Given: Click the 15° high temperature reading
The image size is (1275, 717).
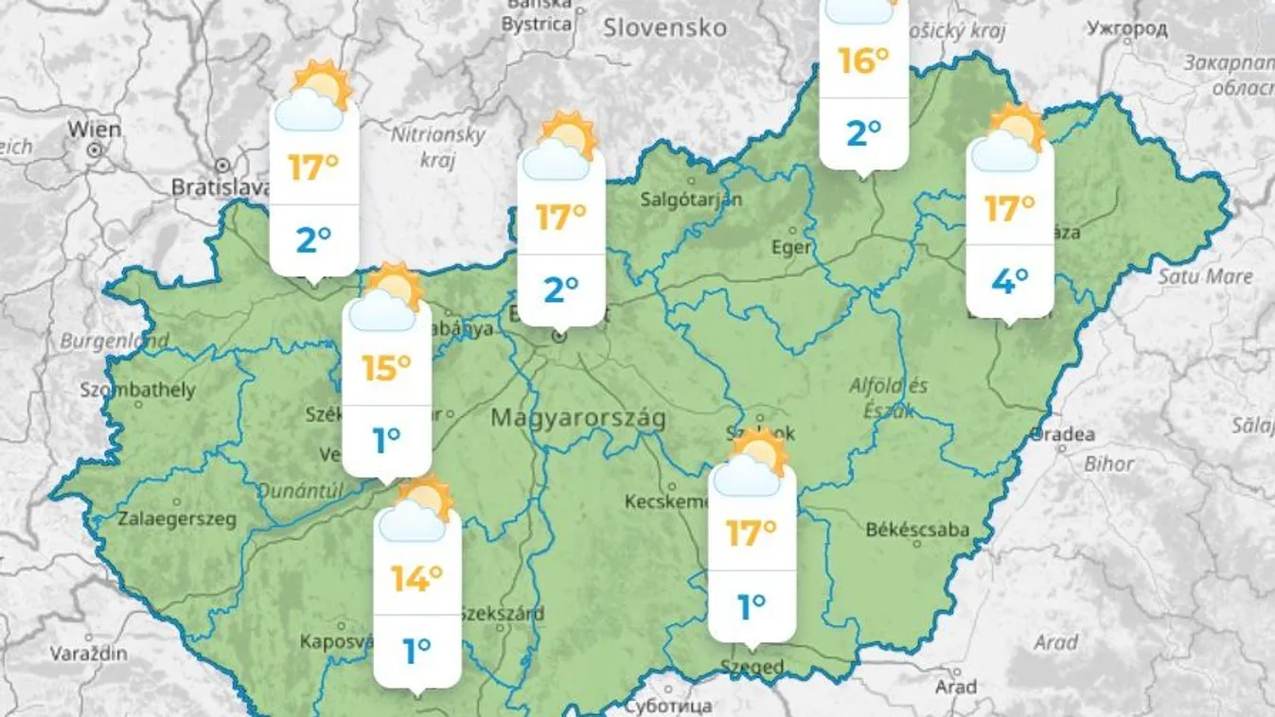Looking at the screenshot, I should [386, 367].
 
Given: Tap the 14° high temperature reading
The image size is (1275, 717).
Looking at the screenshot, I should [417, 577].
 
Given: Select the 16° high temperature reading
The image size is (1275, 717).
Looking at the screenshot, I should [863, 61].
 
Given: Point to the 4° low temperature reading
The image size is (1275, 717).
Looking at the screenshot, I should [1009, 281].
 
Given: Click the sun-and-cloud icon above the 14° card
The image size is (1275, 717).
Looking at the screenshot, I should [417, 511].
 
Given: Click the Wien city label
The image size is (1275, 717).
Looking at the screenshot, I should [95, 129].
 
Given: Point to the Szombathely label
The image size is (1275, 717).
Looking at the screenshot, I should [137, 390].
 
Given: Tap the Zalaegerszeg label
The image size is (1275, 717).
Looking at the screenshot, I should [177, 518].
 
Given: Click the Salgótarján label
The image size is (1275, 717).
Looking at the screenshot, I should [691, 200].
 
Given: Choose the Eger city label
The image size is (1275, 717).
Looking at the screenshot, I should [791, 247].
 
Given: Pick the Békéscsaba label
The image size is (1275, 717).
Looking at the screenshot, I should [917, 530].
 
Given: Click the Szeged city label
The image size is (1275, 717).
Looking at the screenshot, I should [752, 667].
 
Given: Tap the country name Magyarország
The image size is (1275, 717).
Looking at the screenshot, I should [578, 418].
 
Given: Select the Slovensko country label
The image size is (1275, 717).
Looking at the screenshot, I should [665, 27].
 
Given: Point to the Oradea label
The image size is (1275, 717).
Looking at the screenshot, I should [1062, 435].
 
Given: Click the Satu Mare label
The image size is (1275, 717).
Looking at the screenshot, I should [1205, 277].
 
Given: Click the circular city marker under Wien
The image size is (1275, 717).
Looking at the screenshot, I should [94, 149].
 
